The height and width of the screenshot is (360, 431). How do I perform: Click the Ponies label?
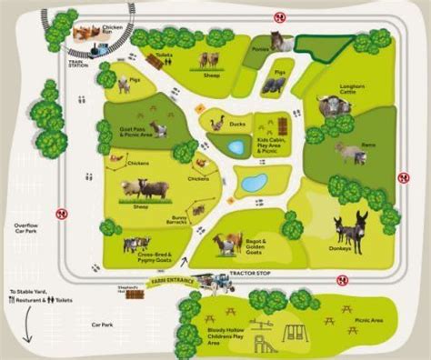pyautogui.click(x=260, y=38)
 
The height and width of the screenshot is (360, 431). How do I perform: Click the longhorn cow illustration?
pyautogui.click(x=333, y=106)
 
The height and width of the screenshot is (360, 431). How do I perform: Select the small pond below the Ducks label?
pyautogui.click(x=236, y=146)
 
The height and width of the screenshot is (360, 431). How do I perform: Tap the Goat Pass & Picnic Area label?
pyautogui.click(x=134, y=133)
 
